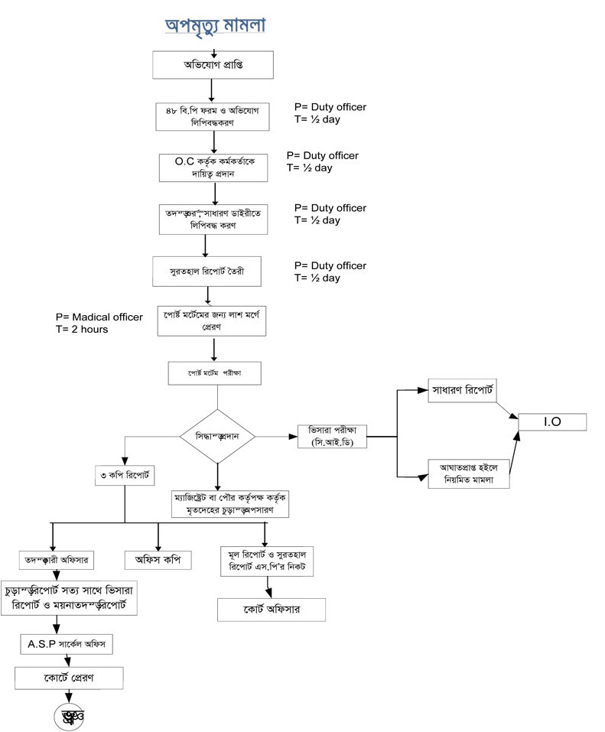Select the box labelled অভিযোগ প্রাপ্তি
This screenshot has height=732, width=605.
click(213, 65)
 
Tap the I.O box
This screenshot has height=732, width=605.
click(551, 422)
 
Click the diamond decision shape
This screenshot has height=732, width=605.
click(217, 436)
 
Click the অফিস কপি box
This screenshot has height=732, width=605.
click(158, 559)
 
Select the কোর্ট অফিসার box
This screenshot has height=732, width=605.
click(272, 609)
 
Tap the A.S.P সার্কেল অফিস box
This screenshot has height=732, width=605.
click(66, 645)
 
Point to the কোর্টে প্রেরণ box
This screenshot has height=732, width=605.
click(69, 678)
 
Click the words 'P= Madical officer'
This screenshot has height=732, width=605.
click(99, 317)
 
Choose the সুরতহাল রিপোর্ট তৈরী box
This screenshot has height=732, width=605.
click(207, 271)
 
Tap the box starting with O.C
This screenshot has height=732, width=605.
click(213, 168)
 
